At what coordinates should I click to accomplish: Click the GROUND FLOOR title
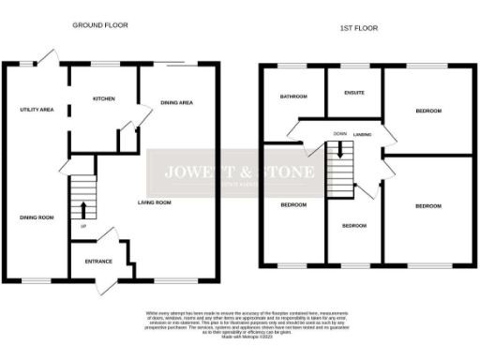coord(100,25)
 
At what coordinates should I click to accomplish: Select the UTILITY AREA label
coord(37,110)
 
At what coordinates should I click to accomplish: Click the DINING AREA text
coord(176,102)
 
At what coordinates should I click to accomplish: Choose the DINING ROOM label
coord(37,217)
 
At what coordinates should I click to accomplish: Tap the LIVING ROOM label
coord(156,202)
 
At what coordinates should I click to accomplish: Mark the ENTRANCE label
coord(98,262)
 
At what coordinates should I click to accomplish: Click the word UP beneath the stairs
coord(82,226)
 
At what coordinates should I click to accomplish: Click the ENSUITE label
coord(354,93)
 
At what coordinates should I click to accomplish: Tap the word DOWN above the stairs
coord(338,134)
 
